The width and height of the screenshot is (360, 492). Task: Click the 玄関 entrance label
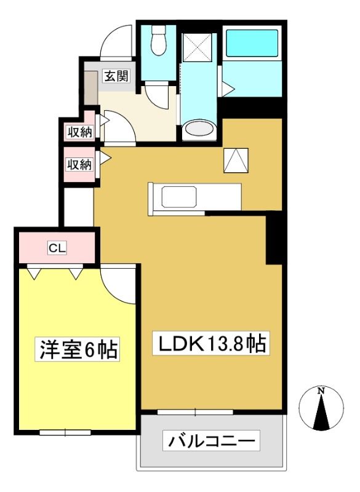(116, 76)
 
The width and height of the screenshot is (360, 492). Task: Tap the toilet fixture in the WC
(158, 40)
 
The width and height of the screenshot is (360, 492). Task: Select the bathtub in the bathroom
(252, 43)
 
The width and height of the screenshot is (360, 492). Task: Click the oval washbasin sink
(199, 129)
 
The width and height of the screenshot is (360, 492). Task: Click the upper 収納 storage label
(80, 132)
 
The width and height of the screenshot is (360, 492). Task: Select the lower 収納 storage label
(79, 164)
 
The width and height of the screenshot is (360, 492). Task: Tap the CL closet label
(57, 248)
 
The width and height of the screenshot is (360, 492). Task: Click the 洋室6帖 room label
(78, 349)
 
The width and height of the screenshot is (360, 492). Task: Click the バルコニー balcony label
(211, 441)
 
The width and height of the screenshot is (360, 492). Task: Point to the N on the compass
(321, 391)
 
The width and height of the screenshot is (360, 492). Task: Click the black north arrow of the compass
(321, 412)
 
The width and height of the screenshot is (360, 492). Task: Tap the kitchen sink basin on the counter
(179, 197)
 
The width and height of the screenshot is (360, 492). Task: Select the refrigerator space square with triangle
(236, 161)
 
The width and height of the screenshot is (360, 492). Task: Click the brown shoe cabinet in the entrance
(91, 88)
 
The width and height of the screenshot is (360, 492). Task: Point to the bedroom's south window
(65, 433)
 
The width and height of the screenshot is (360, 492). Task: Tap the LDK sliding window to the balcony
(195, 412)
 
